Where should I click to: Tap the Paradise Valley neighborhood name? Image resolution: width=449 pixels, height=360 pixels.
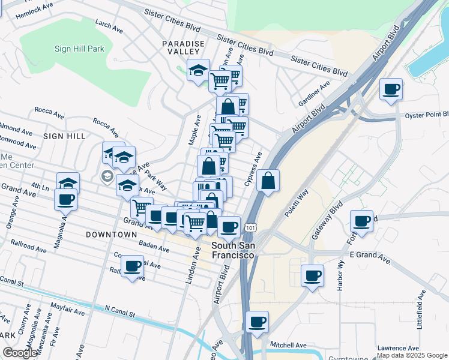click(184, 48)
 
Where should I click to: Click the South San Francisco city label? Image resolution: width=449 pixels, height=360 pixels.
click(234, 250)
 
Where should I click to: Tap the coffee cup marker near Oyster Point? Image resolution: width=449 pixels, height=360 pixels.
click(391, 90)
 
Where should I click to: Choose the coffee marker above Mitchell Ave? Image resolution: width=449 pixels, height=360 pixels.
click(257, 323)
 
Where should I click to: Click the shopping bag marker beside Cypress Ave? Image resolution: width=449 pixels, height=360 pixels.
click(268, 181)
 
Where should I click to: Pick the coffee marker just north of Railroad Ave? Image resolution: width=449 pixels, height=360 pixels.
click(133, 266)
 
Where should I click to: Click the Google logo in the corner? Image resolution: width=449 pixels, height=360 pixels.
click(20, 353)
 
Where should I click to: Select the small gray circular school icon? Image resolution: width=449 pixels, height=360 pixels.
click(107, 176)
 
